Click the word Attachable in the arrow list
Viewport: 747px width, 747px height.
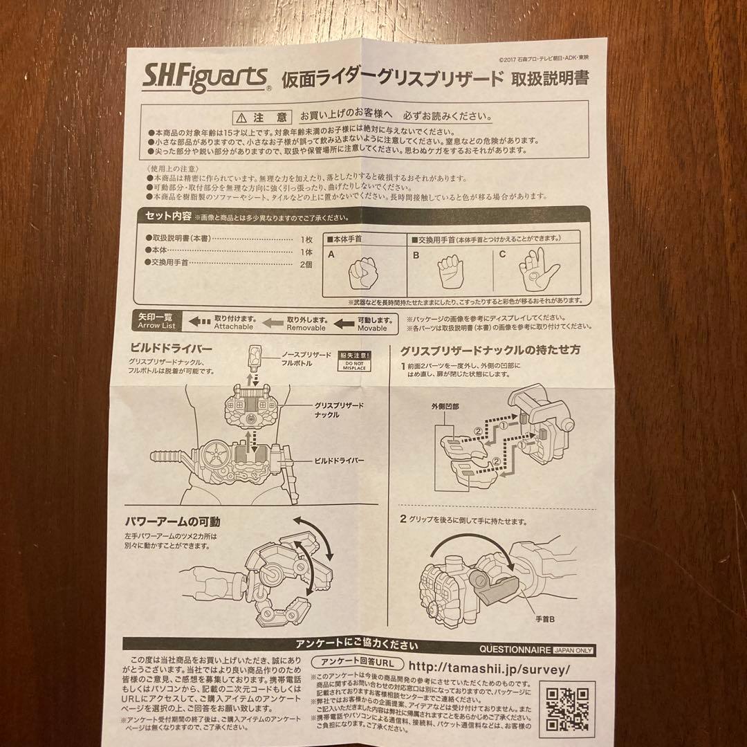pos(233,327)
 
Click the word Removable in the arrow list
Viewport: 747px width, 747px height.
pos(306,328)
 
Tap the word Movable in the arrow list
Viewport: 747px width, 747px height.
pos(372,329)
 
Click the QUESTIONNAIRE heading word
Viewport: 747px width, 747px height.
pos(515,650)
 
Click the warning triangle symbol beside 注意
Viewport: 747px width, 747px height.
pos(239,117)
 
